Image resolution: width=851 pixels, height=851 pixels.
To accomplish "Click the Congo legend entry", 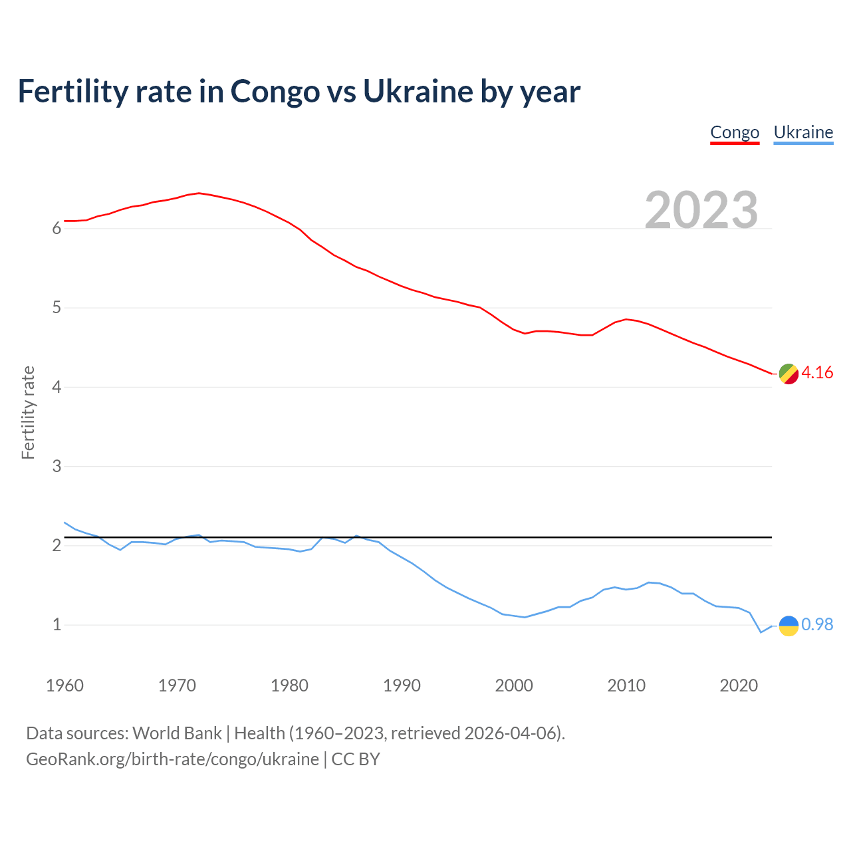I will pyautogui.click(x=735, y=132).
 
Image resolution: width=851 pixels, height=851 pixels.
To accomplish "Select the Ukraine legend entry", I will pyautogui.click(x=803, y=132).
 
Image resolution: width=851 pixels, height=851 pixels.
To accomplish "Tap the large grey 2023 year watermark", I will pyautogui.click(x=701, y=210).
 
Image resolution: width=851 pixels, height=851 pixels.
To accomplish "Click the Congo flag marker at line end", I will pyautogui.click(x=788, y=374).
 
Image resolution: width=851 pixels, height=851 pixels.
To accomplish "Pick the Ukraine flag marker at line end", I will pyautogui.click(x=788, y=626).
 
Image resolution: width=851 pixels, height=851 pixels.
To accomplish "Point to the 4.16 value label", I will pyautogui.click(x=817, y=373).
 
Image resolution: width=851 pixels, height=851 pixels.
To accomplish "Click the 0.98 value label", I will pyautogui.click(x=817, y=625).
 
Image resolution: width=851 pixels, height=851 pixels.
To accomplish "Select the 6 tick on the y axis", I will pyautogui.click(x=57, y=229).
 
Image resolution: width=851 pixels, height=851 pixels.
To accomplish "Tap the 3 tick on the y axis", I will pyautogui.click(x=57, y=467).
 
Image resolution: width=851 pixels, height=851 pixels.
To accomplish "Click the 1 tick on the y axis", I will pyautogui.click(x=57, y=625).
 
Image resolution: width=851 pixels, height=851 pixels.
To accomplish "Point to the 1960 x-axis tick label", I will pyautogui.click(x=64, y=685).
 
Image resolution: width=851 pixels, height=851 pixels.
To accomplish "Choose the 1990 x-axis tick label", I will pyautogui.click(x=402, y=685).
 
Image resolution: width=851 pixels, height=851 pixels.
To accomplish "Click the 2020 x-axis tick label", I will pyautogui.click(x=739, y=685).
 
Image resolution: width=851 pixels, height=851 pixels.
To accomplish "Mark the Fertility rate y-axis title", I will pyautogui.click(x=28, y=412).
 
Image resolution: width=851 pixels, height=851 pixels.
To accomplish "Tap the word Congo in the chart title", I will pyautogui.click(x=275, y=91).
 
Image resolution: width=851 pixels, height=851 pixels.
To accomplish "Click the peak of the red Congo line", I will pyautogui.click(x=199, y=193).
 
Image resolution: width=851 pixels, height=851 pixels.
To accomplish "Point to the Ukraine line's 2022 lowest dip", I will pyautogui.click(x=761, y=632).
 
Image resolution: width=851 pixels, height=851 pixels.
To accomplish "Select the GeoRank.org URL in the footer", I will pyautogui.click(x=172, y=759).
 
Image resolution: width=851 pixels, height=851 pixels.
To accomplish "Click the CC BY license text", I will pyautogui.click(x=356, y=759).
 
